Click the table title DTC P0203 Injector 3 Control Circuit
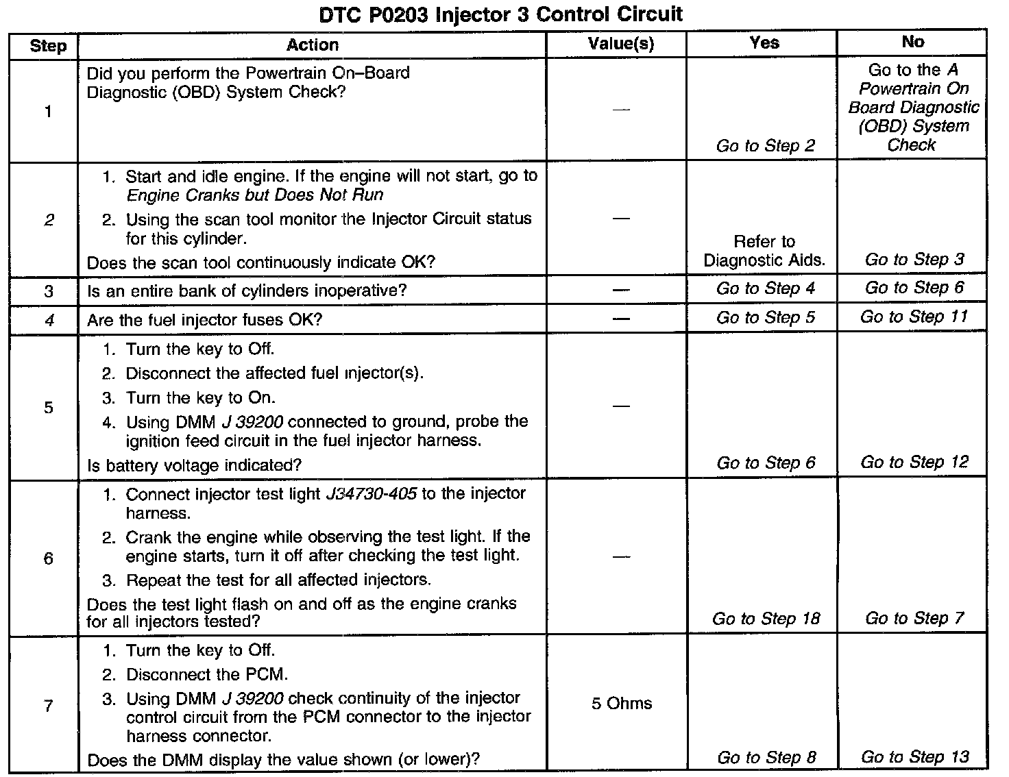tap(501, 14)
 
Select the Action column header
tap(313, 45)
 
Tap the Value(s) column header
tap(621, 45)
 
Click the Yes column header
tap(764, 43)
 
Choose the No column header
tap(912, 42)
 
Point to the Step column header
tap(48, 46)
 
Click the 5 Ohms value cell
tap(622, 704)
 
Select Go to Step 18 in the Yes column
tap(766, 619)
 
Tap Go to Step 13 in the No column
tap(914, 757)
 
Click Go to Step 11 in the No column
tap(914, 317)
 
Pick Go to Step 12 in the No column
tap(914, 463)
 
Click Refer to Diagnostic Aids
tap(764, 251)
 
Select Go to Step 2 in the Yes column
tap(766, 146)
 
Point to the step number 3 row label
tap(48, 291)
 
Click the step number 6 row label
tap(48, 558)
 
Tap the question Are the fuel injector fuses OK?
tap(204, 320)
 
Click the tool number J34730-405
tap(371, 494)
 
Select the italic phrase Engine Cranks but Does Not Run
tap(255, 195)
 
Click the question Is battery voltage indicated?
tap(194, 465)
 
